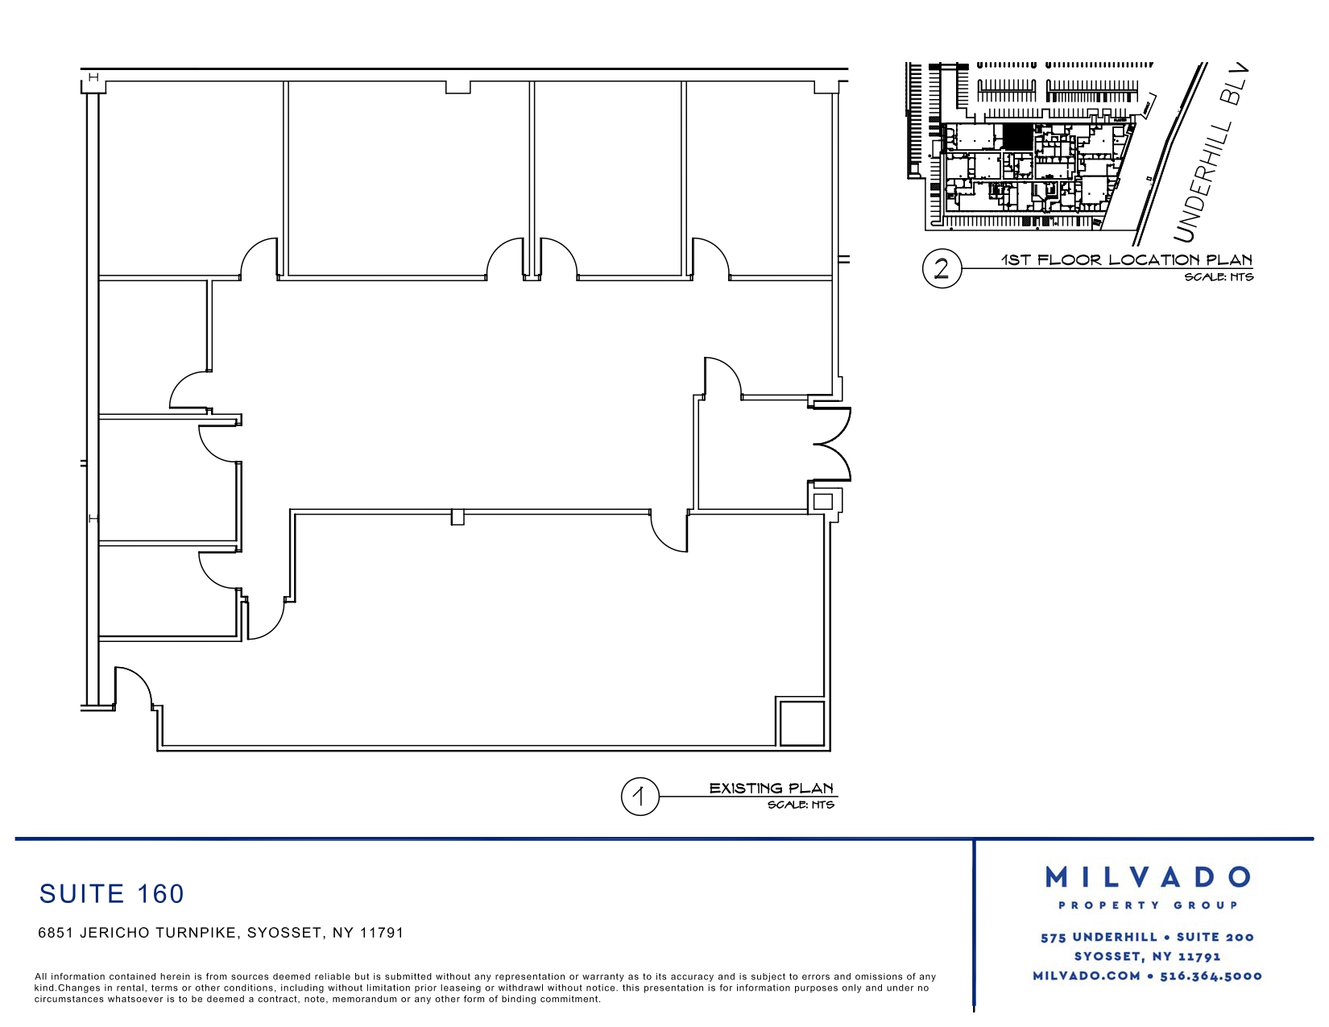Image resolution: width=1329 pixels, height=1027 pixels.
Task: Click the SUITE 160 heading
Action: [111, 893]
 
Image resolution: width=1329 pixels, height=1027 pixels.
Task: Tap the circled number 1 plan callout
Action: [640, 797]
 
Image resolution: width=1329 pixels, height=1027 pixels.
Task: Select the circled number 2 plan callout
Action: [942, 268]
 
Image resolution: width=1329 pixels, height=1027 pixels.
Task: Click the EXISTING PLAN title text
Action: [772, 788]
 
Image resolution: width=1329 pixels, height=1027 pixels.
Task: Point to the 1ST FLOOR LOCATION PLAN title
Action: [1127, 260]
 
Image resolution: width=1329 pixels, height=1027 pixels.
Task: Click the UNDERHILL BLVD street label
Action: [1211, 153]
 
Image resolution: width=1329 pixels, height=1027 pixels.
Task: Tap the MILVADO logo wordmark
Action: [1147, 877]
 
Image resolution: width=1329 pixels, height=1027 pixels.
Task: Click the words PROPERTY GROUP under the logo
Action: [1148, 905]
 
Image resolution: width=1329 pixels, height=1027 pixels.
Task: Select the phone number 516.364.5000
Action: [1211, 976]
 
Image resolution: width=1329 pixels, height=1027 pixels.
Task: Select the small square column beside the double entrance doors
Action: [823, 502]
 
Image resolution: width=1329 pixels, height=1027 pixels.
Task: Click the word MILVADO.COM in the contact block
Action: [1087, 976]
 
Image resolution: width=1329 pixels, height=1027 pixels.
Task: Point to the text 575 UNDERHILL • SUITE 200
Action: [1147, 937]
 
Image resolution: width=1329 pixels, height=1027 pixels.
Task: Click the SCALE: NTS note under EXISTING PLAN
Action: [801, 805]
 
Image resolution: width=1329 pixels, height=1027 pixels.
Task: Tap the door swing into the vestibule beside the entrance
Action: [723, 378]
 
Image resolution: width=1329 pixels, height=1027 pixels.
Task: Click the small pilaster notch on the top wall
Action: [457, 88]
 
